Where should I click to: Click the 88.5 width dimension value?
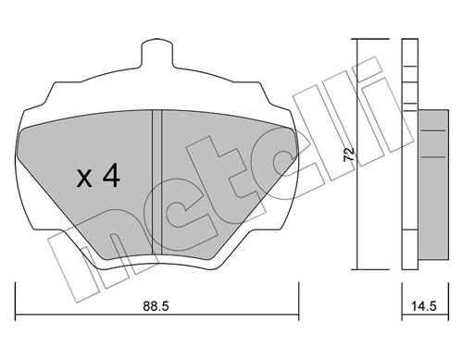[156, 306]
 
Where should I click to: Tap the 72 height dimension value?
[349, 154]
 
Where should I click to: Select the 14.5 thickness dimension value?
[424, 306]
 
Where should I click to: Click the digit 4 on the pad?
[111, 175]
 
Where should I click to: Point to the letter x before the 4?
[84, 179]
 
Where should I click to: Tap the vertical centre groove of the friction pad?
[157, 182]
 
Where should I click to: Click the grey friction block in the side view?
[432, 184]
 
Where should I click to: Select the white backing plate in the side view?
[410, 154]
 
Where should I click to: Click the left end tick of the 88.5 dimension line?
[15, 302]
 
